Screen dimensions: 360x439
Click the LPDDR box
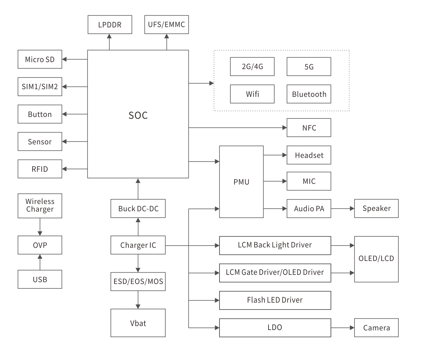(110, 25)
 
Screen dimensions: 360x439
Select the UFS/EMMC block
(166, 25)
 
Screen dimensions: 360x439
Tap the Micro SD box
(40, 59)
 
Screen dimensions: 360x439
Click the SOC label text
(138, 115)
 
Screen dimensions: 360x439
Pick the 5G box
(309, 67)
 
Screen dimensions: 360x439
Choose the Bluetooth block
(309, 94)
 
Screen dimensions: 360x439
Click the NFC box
(309, 128)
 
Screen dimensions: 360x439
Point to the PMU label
(241, 182)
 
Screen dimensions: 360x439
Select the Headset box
(309, 155)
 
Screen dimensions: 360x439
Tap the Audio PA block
(309, 208)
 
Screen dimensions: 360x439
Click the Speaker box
(376, 208)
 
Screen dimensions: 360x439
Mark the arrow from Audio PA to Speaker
(343, 208)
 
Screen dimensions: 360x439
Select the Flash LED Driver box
(275, 300)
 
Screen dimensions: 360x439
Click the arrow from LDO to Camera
(343, 327)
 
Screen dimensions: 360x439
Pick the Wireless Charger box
(40, 205)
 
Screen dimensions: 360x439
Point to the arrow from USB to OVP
(40, 262)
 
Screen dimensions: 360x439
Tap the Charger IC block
(138, 245)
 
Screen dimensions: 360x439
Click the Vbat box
(138, 323)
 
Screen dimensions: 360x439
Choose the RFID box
(40, 169)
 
